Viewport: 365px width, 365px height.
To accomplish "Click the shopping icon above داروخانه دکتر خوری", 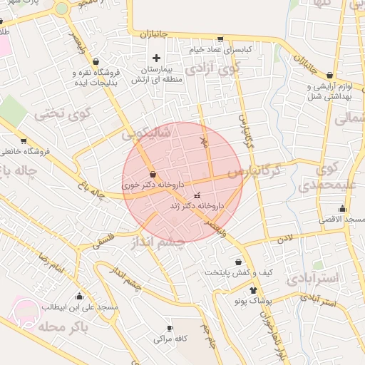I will click(x=153, y=174).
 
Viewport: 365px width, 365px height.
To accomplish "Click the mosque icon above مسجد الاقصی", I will click(x=343, y=209).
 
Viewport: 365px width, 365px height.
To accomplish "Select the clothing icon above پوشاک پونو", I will click(x=253, y=291).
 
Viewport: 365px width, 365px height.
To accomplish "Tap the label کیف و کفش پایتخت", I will click(x=239, y=272).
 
